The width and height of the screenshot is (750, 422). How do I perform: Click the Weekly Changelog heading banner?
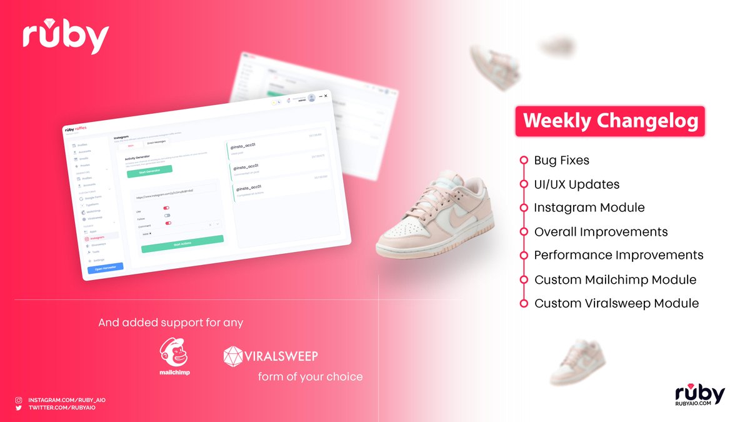609,121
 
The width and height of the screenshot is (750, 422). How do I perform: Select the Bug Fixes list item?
561,161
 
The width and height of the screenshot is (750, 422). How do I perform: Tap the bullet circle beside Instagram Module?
524,208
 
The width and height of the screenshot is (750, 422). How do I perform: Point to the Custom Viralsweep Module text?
616,304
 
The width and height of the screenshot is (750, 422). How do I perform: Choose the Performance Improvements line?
619,256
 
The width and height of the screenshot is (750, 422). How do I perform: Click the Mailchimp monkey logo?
174,353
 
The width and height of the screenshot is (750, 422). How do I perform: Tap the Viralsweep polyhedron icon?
233,356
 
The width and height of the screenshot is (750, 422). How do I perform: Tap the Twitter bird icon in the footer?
19,408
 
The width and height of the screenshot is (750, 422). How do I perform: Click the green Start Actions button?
182,243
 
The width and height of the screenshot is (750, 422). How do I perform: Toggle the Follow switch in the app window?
167,216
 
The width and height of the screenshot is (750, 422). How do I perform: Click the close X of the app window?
326,96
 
